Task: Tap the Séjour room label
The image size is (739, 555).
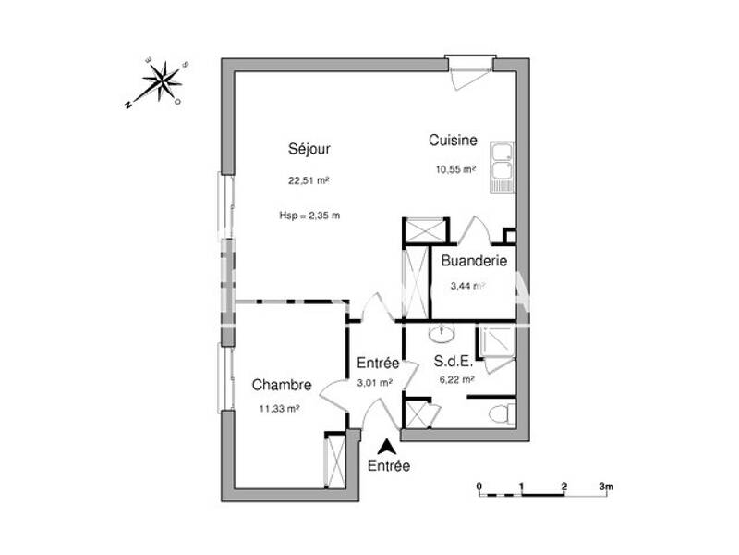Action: click(x=309, y=148)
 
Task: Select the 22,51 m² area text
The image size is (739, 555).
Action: click(x=309, y=181)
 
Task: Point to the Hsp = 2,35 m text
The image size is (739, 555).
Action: click(x=309, y=216)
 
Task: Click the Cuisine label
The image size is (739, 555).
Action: click(x=453, y=141)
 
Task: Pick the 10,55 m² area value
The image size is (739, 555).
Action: click(x=455, y=169)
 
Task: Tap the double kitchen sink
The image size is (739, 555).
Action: click(x=501, y=168)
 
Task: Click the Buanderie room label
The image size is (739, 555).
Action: click(x=474, y=262)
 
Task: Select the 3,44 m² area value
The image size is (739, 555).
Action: click(x=466, y=286)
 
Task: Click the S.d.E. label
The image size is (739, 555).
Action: click(x=454, y=363)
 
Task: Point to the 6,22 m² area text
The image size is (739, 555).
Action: click(x=454, y=379)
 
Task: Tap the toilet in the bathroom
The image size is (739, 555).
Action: click(x=500, y=413)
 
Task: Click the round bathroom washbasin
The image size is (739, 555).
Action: click(x=442, y=332)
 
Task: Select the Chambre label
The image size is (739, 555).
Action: click(x=281, y=386)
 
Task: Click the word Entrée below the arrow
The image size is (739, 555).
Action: click(x=389, y=467)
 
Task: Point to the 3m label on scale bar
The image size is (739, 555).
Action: click(x=606, y=486)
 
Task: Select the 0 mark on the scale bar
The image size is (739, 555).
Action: click(x=479, y=486)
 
